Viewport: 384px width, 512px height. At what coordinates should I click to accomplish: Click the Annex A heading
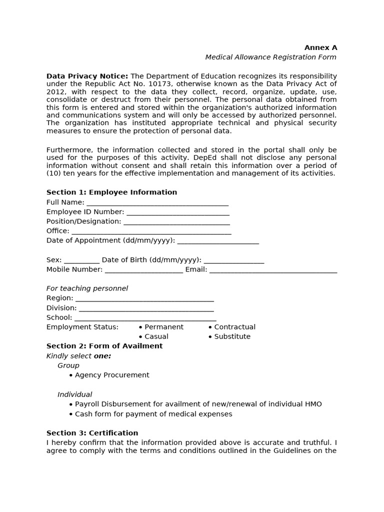[320, 47]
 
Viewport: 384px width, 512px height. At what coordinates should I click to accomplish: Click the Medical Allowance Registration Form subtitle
[270, 57]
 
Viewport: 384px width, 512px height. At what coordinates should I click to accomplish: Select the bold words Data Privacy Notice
[87, 76]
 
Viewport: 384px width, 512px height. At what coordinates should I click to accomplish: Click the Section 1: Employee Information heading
[111, 192]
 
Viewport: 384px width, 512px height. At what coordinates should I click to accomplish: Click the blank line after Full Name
[157, 203]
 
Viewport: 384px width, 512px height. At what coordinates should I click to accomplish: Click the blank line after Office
[151, 231]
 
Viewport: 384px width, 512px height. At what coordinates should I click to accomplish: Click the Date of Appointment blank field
[218, 241]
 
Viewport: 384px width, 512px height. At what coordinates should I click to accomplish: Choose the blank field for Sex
[81, 260]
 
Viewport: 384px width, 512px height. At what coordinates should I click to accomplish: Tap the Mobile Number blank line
[143, 270]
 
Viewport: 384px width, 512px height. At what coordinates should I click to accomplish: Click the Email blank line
[273, 270]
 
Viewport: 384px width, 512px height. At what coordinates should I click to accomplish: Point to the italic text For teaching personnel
[87, 288]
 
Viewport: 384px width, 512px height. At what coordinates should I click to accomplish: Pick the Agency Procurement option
[111, 375]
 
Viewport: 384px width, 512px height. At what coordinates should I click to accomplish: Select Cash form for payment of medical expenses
[153, 414]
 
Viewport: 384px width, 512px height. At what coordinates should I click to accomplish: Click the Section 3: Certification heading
[92, 433]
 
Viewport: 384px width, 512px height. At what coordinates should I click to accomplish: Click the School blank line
[145, 318]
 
